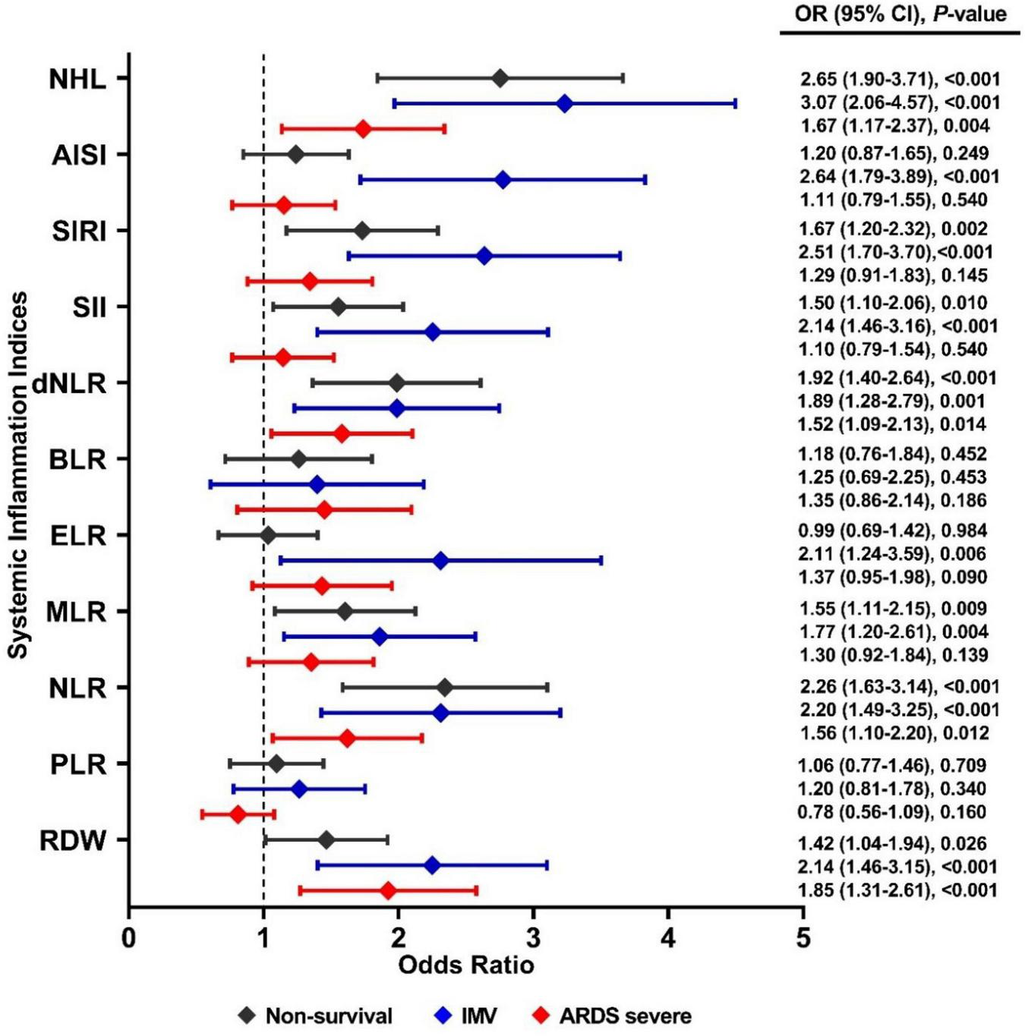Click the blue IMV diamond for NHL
[564, 104]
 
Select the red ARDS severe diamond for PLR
[238, 814]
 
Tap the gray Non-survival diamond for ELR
[267, 536]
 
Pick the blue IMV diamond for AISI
[503, 180]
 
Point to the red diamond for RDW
[388, 890]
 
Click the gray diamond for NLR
[445, 688]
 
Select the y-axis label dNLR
[69, 383]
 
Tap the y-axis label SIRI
[79, 231]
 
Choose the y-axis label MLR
[76, 612]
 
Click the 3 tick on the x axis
[534, 938]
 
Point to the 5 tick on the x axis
[803, 938]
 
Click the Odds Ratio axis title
[465, 965]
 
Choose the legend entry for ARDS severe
[612, 1016]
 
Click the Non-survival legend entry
[315, 1016]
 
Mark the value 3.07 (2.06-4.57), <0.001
[900, 102]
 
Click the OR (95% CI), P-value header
[900, 14]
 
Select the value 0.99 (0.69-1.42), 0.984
[892, 531]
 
